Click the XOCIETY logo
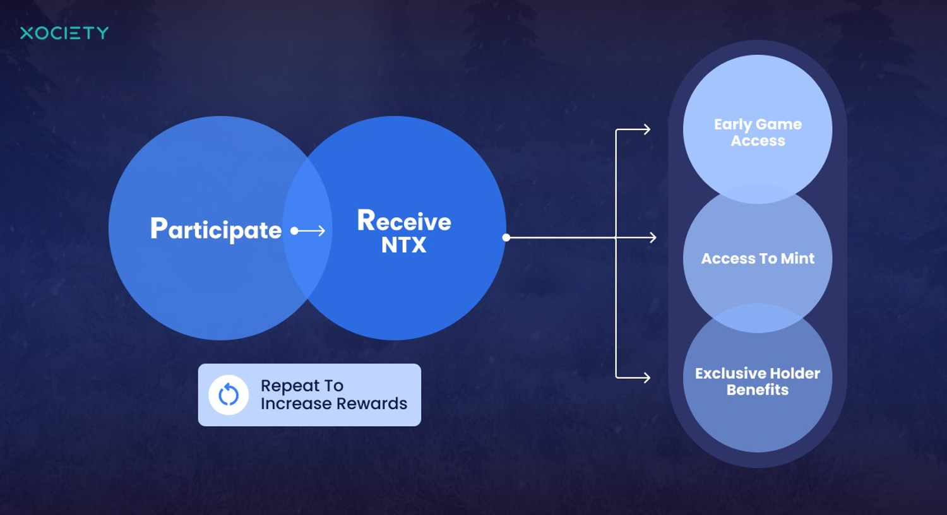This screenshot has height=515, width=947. pyautogui.click(x=64, y=33)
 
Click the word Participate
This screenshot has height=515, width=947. pyautogui.click(x=216, y=230)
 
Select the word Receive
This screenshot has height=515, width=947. pyautogui.click(x=404, y=221)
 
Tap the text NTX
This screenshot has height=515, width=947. pyautogui.click(x=404, y=245)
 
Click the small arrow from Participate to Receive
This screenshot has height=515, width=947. pyautogui.click(x=309, y=231)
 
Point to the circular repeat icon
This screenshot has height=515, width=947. pyautogui.click(x=229, y=395)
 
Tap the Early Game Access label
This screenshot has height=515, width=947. pyautogui.click(x=758, y=133)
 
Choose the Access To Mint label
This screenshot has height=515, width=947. pyautogui.click(x=758, y=259)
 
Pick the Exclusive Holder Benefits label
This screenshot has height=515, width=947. pyautogui.click(x=758, y=381)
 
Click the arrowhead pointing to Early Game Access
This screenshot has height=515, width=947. pyautogui.click(x=646, y=129)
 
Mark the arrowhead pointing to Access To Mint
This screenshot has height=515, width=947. pyautogui.click(x=652, y=237)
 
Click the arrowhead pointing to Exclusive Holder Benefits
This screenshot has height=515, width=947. pyautogui.click(x=646, y=377)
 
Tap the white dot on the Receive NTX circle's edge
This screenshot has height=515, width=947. pyautogui.click(x=506, y=237)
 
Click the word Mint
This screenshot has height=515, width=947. pyautogui.click(x=797, y=259)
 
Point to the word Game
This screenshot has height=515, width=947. pyautogui.click(x=780, y=125)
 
